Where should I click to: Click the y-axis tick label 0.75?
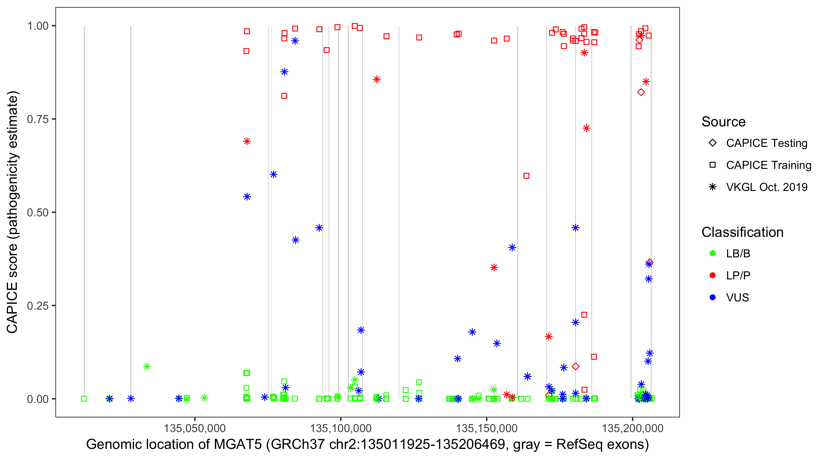[x=37, y=119]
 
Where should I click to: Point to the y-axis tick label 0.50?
[x=37, y=212]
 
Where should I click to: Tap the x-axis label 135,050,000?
[x=195, y=428]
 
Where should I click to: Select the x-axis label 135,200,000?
[x=632, y=428]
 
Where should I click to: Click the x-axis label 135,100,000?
[x=340, y=428]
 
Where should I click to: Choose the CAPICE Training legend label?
[x=768, y=165]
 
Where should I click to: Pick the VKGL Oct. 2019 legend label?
[x=767, y=187]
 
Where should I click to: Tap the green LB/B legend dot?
[x=713, y=254]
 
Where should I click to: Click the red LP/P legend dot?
[x=713, y=275]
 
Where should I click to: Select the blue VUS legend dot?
[x=713, y=298]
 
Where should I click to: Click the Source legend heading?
[x=724, y=122]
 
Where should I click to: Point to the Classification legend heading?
[x=742, y=232]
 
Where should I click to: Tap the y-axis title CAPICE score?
[x=12, y=289]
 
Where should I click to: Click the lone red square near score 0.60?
[x=526, y=176]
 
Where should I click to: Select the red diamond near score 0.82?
[x=641, y=92]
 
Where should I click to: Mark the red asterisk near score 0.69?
[x=247, y=141]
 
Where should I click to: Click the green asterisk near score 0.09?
[x=147, y=367]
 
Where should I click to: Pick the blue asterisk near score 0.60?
[x=273, y=174]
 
